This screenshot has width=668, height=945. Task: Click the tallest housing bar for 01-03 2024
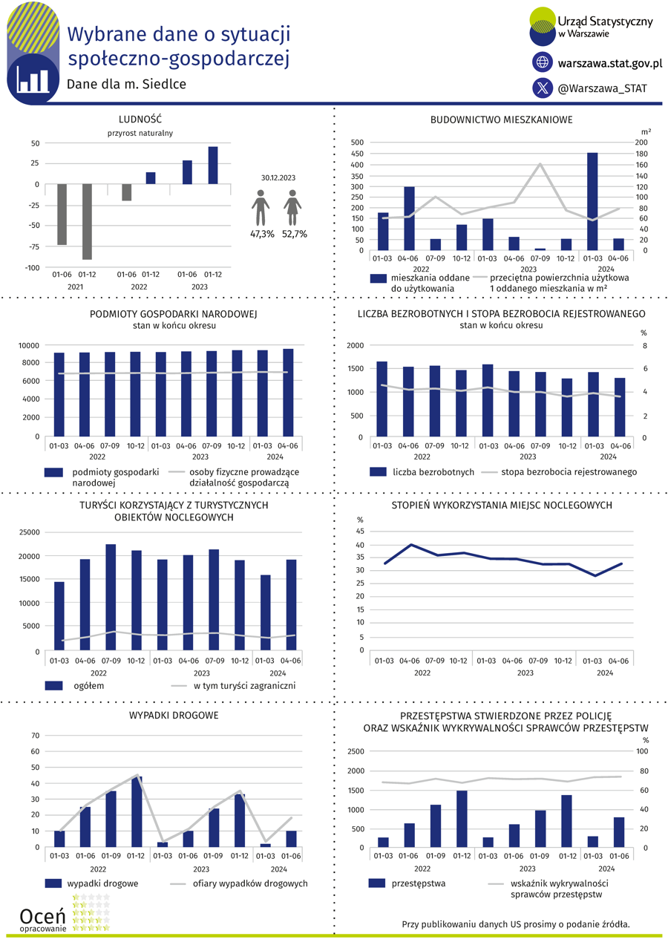tap(592, 201)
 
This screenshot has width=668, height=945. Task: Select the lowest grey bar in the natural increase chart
tap(87, 221)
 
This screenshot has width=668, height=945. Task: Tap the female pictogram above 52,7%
tap(292, 208)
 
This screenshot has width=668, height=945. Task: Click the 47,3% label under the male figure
tap(262, 234)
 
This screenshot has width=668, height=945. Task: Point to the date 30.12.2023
tap(278, 177)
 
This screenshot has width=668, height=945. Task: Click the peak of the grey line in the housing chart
tap(540, 164)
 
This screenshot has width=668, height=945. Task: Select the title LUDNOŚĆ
tap(140, 120)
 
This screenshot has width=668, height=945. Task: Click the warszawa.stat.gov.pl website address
tap(610, 63)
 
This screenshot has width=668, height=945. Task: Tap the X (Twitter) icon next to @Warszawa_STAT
tap(543, 88)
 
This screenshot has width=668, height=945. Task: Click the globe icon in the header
tap(543, 62)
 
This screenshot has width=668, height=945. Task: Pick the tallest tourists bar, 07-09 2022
tap(111, 597)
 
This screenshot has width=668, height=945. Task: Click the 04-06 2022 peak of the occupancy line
tap(411, 545)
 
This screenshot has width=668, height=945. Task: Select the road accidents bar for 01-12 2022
tap(137, 811)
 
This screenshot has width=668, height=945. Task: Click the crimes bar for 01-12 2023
tap(566, 821)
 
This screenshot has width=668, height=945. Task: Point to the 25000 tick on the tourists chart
tap(29, 532)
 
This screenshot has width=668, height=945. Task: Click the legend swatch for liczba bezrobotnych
tap(378, 471)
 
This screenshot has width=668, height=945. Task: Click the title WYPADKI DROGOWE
tap(174, 715)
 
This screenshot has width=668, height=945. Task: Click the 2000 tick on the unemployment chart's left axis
tap(355, 345)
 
